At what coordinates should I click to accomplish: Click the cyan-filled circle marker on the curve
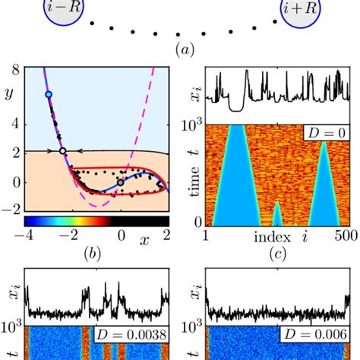coord(49,94)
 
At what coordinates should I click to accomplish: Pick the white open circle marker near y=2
coord(63,151)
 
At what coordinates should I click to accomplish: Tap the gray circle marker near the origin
coord(120,182)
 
